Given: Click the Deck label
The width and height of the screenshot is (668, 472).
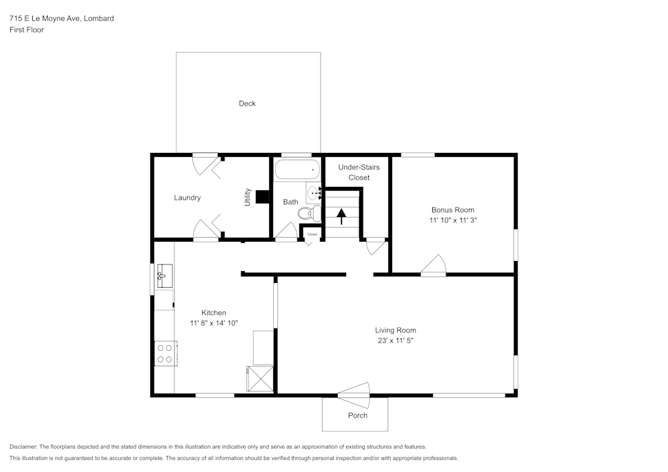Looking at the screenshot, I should click(247, 103).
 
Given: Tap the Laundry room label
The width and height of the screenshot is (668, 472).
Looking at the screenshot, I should click(187, 198).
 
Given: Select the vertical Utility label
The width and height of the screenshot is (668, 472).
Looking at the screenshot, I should click(247, 196).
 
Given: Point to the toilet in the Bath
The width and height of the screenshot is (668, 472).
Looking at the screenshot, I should click(307, 214).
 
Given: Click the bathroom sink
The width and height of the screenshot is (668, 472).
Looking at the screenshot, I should click(313, 194).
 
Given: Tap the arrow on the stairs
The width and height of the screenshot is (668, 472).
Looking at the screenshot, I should click(341, 215).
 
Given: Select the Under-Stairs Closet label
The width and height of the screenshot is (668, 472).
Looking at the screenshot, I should click(359, 172).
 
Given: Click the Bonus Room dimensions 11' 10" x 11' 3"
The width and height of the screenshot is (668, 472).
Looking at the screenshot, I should click(453, 220).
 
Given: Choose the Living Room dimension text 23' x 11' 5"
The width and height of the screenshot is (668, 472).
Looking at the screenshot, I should click(395, 340).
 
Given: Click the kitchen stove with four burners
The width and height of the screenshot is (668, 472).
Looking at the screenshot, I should click(164, 353).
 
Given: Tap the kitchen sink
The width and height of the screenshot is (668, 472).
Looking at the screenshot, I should click(164, 275).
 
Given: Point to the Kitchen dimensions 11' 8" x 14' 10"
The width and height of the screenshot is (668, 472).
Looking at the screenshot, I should click(214, 323).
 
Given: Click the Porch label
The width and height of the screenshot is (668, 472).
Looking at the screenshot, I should click(357, 415).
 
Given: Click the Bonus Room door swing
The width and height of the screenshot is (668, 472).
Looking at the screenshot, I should click(434, 266).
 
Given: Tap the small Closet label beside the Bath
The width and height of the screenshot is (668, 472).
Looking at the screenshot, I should click(312, 234).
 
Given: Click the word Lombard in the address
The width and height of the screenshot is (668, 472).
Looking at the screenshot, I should click(99, 19).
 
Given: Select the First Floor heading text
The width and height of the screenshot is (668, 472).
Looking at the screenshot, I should click(27, 30).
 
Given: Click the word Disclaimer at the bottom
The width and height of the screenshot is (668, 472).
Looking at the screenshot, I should click(23, 447).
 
